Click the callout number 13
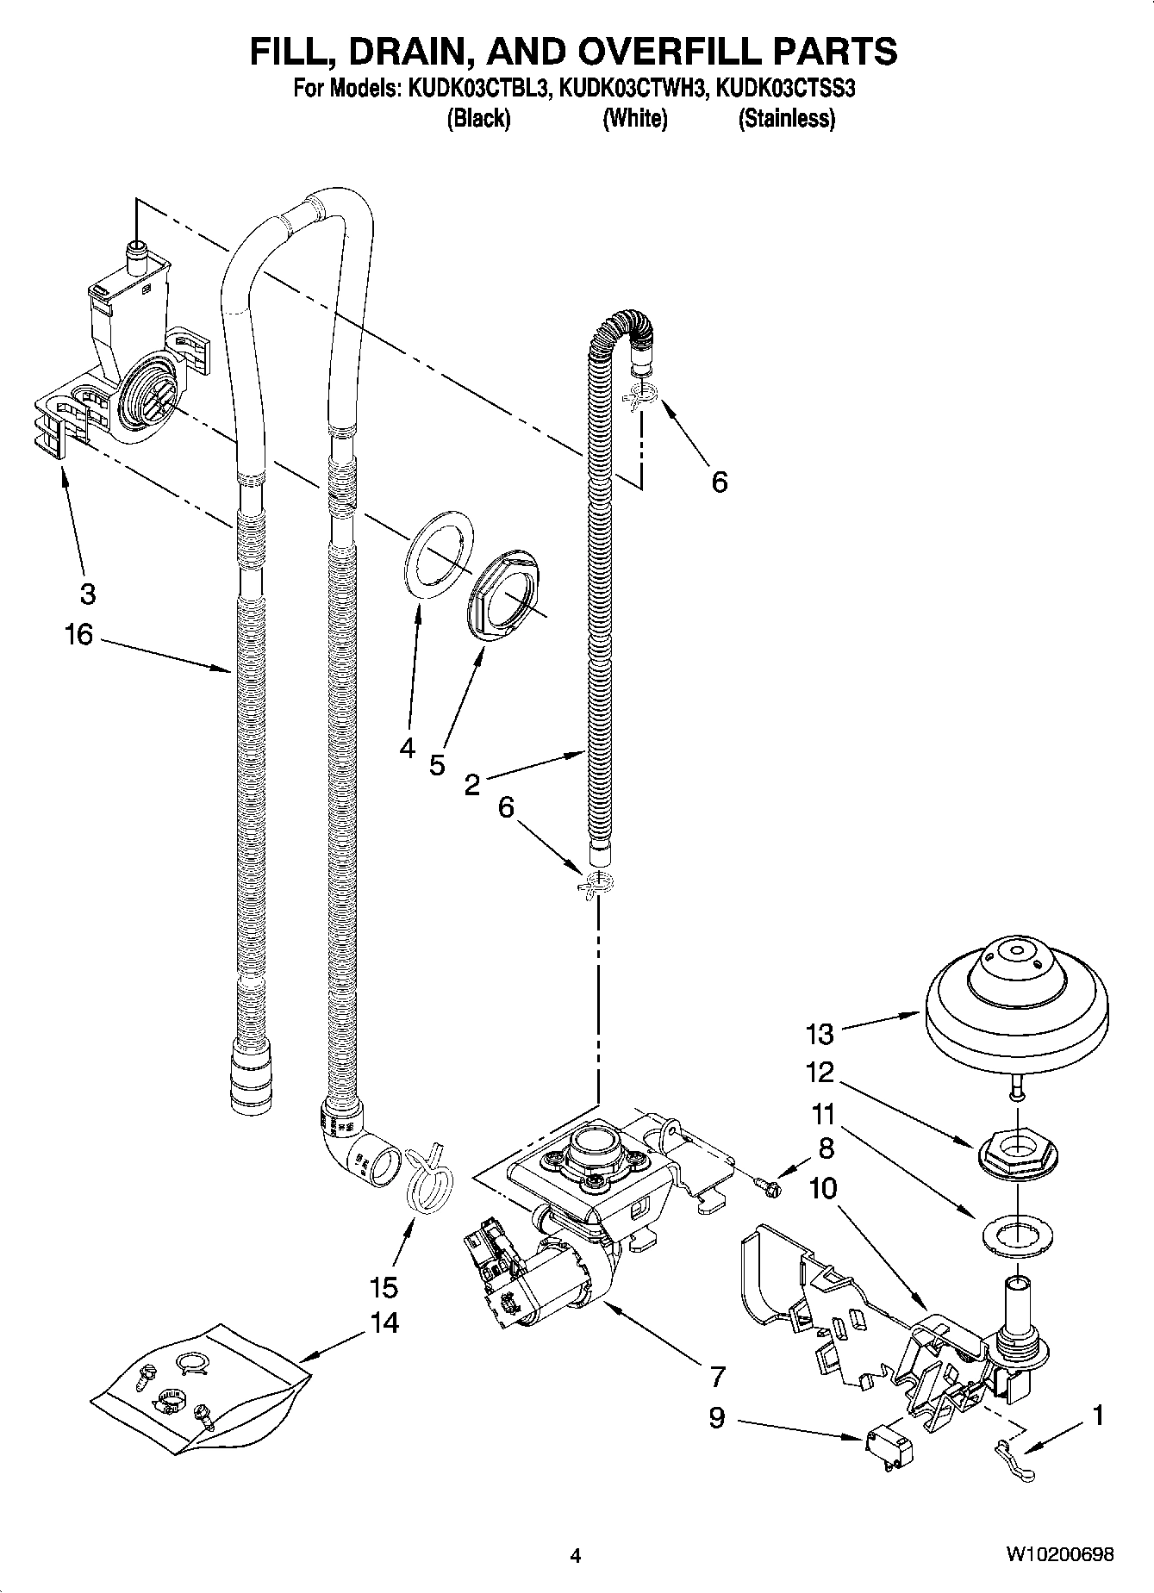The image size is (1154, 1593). point(820,1032)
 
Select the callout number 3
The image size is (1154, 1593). point(87,594)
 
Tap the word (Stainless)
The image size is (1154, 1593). point(786,119)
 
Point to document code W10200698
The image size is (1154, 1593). point(1059,1554)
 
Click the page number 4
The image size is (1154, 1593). point(576,1555)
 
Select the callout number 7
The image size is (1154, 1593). point(717,1376)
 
